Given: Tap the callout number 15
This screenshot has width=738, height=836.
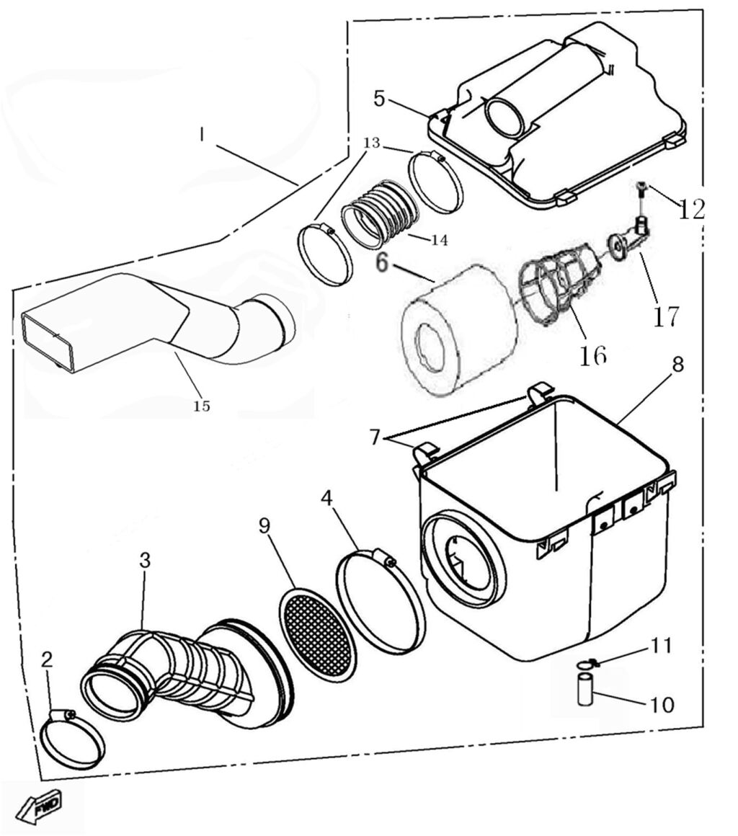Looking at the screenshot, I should pyautogui.click(x=202, y=406).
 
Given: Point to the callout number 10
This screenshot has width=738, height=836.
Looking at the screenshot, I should pyautogui.click(x=662, y=704).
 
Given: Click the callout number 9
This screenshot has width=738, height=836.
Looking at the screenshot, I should pyautogui.click(x=264, y=525).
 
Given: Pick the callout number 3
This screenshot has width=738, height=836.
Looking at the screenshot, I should pyautogui.click(x=145, y=560).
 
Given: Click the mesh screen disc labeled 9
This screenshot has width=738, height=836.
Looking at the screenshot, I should pyautogui.click(x=318, y=634).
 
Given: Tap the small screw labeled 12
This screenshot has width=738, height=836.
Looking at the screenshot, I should pyautogui.click(x=641, y=190).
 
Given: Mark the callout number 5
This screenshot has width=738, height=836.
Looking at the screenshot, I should pyautogui.click(x=379, y=99).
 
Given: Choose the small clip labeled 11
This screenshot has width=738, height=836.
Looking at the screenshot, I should pyautogui.click(x=587, y=662).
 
